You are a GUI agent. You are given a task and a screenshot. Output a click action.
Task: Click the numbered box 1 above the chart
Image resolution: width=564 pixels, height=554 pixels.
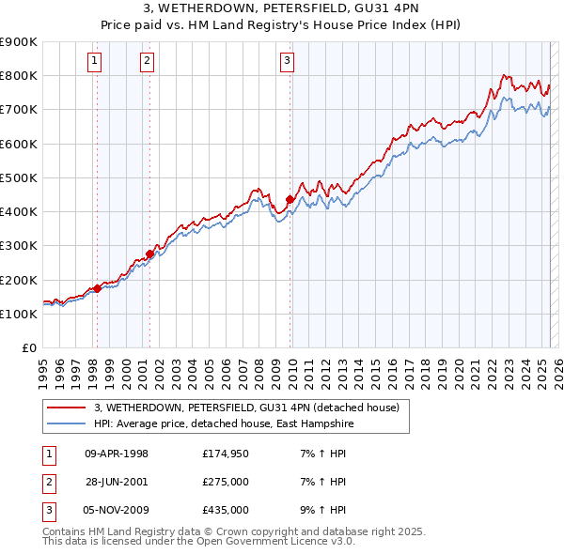pos(96,62)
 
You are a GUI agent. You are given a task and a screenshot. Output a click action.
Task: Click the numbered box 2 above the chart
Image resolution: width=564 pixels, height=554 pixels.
pos(148,62)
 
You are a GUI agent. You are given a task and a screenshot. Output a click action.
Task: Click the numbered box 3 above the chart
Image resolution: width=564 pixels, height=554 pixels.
pos(287,62)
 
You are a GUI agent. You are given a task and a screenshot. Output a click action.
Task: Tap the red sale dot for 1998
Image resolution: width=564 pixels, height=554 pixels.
pos(97,288)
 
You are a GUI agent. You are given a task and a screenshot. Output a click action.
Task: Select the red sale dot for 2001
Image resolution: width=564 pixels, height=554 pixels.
pos(150,254)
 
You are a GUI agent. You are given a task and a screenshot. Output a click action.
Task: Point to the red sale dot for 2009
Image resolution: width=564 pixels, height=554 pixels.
pos(290,199)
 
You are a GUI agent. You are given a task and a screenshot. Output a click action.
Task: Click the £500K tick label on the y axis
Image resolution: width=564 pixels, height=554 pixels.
pos(18,177)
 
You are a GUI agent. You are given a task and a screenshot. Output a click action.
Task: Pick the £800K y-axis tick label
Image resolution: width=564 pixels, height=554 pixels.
pos(18,75)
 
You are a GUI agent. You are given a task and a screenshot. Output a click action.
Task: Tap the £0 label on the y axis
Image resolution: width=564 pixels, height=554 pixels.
pos(28,348)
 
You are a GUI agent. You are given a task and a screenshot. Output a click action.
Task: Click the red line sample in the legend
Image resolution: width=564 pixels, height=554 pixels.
pos(66,408)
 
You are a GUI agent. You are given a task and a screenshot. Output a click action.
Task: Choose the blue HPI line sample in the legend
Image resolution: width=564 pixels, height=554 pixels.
pos(66,423)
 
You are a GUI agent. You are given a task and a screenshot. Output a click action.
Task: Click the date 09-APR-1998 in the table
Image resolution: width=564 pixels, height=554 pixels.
pos(117,454)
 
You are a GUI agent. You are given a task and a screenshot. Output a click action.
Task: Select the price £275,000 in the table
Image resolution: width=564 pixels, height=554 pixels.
pos(226,482)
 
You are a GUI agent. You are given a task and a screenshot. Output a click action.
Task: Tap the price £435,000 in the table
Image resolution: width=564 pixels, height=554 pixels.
pos(226,510)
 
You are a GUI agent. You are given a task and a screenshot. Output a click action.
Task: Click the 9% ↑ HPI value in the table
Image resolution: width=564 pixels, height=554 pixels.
pos(328,510)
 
